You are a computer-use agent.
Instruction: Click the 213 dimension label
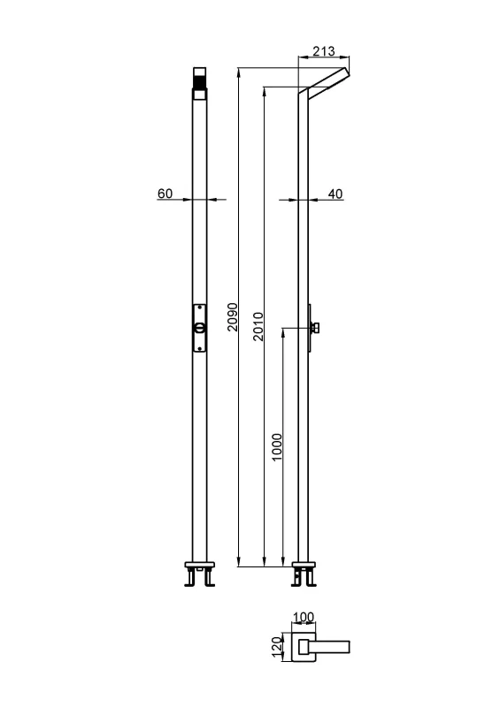[x=324, y=51]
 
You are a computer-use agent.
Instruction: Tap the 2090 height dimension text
[x=233, y=316]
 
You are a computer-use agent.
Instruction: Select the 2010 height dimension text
[x=258, y=326]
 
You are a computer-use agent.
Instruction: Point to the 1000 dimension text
[x=277, y=447]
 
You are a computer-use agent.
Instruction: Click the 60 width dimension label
[x=165, y=194]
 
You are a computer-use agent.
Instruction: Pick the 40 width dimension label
[x=335, y=194]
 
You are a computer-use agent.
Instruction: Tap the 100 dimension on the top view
[x=304, y=617]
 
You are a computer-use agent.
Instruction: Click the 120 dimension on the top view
[x=277, y=647]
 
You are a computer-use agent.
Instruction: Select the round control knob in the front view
[x=200, y=328]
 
